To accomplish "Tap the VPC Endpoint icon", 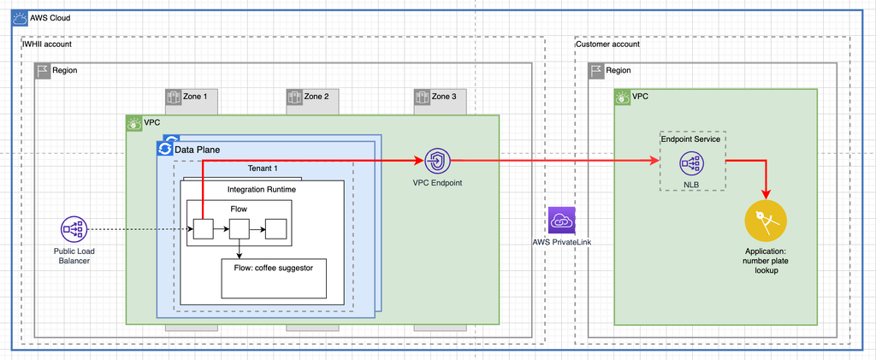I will (x=437, y=160).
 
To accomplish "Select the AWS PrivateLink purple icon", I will (x=562, y=221).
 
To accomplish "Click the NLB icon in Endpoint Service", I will (x=692, y=162).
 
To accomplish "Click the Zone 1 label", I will (x=195, y=97).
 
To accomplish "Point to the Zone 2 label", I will (x=316, y=97).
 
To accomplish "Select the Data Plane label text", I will (x=198, y=150).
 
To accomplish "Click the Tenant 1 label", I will (x=263, y=168).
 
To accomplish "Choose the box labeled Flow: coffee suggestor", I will (x=273, y=275).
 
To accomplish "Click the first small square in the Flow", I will (x=202, y=229).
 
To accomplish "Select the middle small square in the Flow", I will (x=239, y=229).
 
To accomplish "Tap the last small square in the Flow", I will (x=275, y=229).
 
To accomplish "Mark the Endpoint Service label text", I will (x=691, y=139).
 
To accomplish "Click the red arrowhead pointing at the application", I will (x=766, y=192).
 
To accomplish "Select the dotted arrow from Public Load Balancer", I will (x=137, y=229).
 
